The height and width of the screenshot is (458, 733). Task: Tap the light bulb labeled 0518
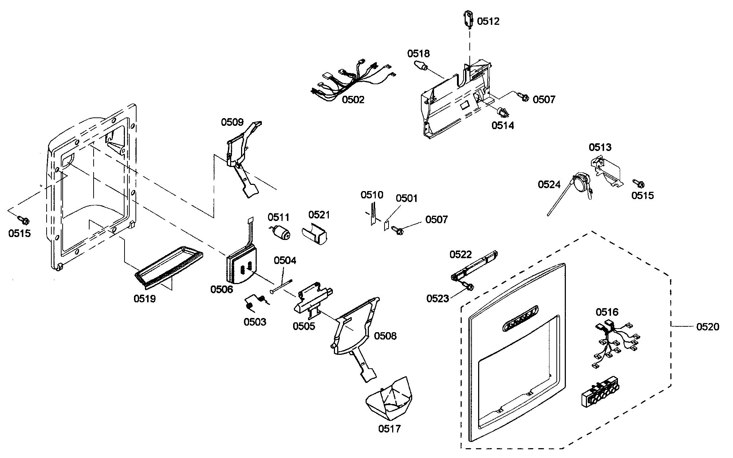(421, 66)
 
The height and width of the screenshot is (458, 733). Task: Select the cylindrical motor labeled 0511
(281, 232)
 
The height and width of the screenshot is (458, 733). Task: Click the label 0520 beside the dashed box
(708, 327)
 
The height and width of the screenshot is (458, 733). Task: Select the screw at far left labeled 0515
(24, 220)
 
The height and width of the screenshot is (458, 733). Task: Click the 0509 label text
(232, 122)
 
